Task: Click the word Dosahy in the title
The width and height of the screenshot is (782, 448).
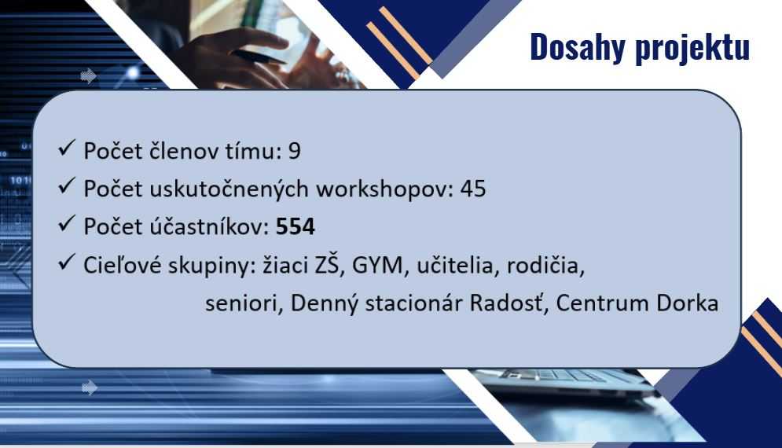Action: [578, 47]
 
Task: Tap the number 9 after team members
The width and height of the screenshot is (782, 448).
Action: [294, 151]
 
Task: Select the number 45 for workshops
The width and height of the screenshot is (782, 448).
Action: [473, 189]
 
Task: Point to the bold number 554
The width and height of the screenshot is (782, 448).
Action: [296, 227]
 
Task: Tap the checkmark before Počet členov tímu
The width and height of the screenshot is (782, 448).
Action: [66, 148]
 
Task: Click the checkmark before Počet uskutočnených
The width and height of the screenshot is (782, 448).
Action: [66, 185]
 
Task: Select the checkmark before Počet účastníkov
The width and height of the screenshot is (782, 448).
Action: [66, 223]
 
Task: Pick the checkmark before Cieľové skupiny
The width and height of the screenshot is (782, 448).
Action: [66, 262]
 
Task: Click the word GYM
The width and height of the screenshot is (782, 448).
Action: [377, 266]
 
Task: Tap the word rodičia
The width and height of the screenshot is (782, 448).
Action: [545, 266]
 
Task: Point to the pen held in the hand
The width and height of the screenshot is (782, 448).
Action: [259, 57]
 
